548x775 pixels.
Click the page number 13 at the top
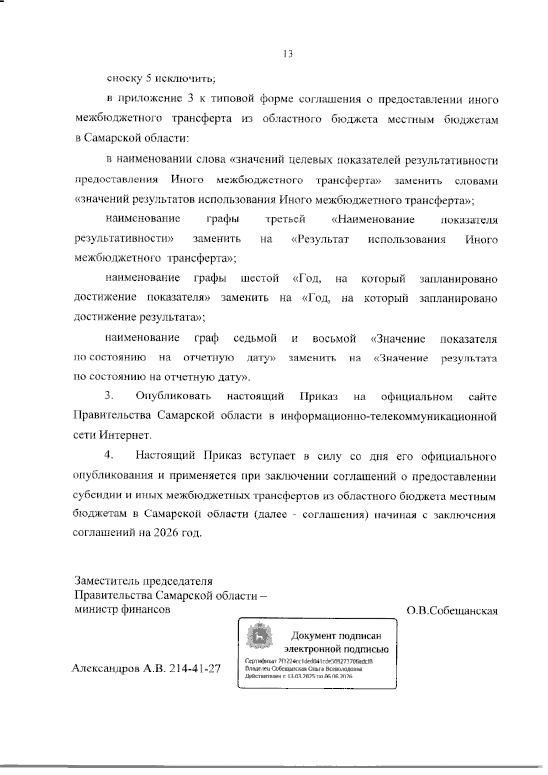288,54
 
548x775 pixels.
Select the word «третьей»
285,220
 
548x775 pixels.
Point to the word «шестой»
259,278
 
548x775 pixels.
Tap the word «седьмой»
255,339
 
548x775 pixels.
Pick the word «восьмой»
334,339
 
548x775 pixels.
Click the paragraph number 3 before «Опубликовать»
109,396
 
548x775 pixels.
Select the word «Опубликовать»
174,396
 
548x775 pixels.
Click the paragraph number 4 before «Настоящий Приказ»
109,455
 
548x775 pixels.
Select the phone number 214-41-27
195,669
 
